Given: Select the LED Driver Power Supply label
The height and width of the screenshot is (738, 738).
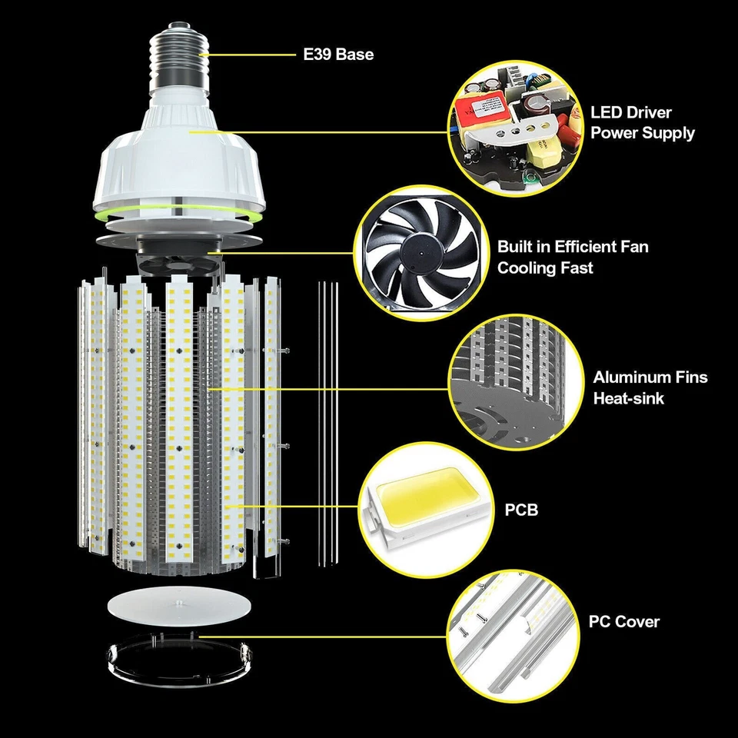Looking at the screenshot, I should [642, 123].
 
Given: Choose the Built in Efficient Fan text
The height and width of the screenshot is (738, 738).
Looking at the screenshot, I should [572, 247].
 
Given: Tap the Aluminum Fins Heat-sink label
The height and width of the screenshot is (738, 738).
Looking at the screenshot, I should [650, 387].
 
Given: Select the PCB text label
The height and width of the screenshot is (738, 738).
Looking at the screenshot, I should [521, 510].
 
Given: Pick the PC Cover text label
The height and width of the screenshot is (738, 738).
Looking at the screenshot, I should [623, 621].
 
